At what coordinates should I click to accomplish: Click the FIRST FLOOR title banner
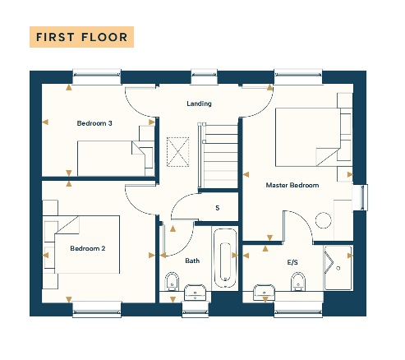click(x=81, y=37)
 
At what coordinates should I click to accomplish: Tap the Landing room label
click(x=199, y=104)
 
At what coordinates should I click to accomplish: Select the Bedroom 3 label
click(x=94, y=123)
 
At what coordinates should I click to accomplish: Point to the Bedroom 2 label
click(x=88, y=248)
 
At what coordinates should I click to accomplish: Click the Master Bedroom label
click(x=292, y=185)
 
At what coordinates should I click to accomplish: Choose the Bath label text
click(x=192, y=261)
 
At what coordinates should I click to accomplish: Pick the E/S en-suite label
click(x=292, y=262)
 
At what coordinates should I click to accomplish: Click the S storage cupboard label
click(x=218, y=208)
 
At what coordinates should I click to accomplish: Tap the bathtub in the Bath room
click(x=225, y=258)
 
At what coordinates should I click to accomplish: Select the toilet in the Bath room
click(x=172, y=281)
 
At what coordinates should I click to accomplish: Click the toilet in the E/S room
click(x=298, y=281)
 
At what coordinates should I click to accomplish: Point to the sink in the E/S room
click(x=265, y=292)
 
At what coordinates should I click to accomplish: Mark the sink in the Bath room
click(x=195, y=292)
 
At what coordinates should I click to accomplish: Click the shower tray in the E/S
click(x=338, y=268)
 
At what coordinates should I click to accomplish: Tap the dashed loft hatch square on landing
click(x=177, y=152)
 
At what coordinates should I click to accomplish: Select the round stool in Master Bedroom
click(x=324, y=220)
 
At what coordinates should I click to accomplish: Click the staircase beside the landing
click(x=218, y=155)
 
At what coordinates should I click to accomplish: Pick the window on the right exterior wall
click(x=361, y=197)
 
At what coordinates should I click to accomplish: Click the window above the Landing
click(x=204, y=76)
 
